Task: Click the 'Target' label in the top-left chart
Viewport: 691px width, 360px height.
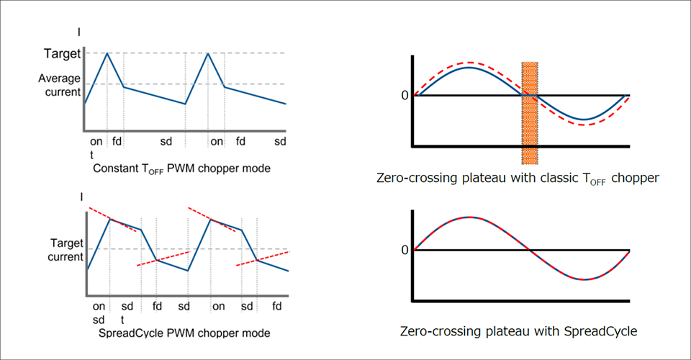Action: pos(61,53)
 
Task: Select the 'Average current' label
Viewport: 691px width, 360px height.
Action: pos(59,84)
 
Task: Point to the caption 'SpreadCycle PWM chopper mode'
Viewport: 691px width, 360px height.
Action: pos(184,333)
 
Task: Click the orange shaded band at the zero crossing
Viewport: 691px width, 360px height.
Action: pos(530,112)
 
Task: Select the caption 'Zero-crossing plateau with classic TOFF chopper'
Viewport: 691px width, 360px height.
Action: pos(517,178)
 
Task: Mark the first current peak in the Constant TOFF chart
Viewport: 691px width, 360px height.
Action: pos(107,53)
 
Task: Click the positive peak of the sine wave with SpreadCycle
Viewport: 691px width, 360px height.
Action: pos(469,217)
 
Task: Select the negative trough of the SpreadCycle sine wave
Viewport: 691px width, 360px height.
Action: pos(584,279)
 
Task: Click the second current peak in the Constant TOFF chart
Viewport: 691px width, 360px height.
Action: pos(208,53)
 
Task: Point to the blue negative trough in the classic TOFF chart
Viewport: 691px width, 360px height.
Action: pos(584,120)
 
